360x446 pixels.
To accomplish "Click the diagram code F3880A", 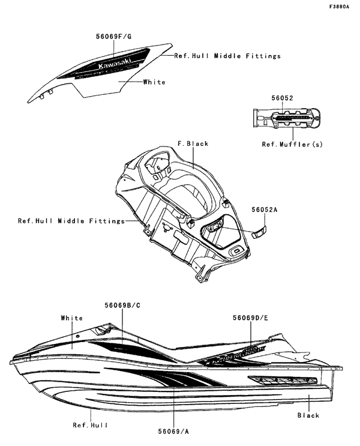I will tap(339, 7).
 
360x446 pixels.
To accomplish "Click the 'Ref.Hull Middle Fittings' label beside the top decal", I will tap(227, 56).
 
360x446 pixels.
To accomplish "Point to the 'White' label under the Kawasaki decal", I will tap(154, 82).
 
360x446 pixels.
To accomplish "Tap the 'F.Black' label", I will tap(193, 144).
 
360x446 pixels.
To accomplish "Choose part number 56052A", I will tap(265, 209).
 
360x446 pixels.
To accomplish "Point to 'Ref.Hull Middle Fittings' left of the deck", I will tap(71, 221).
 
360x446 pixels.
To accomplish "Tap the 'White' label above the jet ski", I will tap(72, 318).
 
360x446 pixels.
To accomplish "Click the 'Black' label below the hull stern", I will tap(308, 415).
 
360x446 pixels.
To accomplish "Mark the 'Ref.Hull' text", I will tap(91, 426).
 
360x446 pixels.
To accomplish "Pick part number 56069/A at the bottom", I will tap(174, 431).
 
